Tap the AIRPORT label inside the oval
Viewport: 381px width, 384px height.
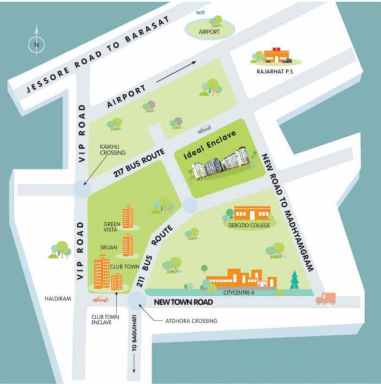[209, 31]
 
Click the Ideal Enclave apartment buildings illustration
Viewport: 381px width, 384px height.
[218, 164]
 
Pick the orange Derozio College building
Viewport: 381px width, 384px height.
[251, 213]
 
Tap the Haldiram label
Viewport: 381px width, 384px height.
[58, 298]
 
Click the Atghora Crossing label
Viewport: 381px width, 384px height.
[191, 320]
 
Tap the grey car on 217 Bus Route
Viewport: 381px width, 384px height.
[204, 129]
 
